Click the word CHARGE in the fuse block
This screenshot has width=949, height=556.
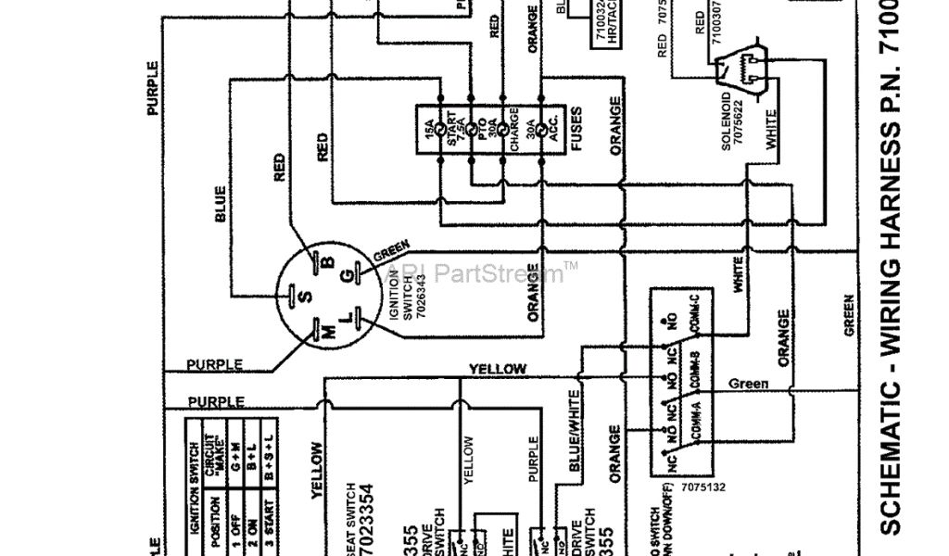point(513,130)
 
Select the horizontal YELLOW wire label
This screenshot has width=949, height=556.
point(498,369)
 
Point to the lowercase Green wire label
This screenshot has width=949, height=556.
point(748,384)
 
